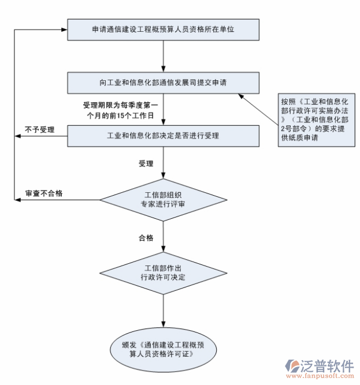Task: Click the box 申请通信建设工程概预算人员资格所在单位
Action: tap(163, 29)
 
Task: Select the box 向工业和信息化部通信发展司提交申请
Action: tap(163, 83)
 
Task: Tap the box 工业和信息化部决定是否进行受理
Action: tap(163, 136)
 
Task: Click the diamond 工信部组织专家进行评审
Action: tap(163, 200)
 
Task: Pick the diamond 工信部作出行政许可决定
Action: tap(163, 273)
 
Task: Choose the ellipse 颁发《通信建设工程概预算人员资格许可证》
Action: tap(164, 349)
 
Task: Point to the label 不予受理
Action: tap(39, 130)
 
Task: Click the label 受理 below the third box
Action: tap(146, 164)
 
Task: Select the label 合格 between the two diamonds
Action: tap(146, 238)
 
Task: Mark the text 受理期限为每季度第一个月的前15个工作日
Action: tap(120, 110)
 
